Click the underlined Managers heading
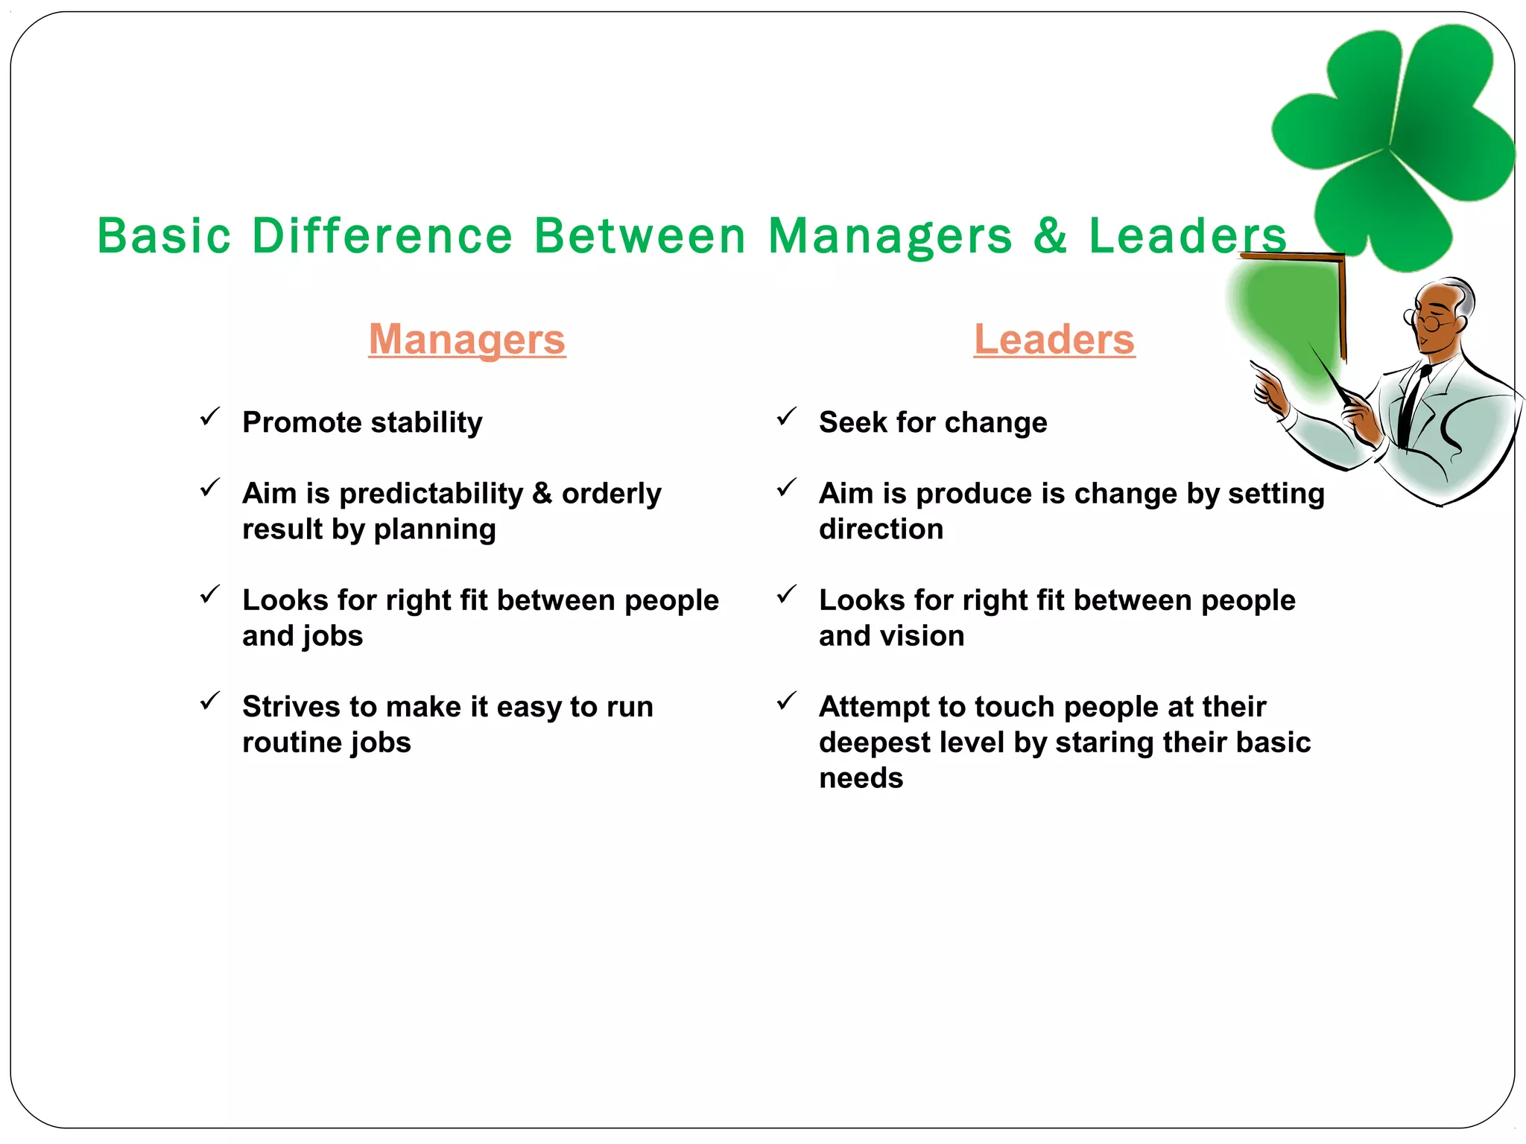tap(467, 340)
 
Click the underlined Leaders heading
tap(1054, 340)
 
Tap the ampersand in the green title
tap(1051, 235)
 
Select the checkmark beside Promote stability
tap(210, 416)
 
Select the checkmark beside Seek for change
tap(787, 416)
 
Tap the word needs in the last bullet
tap(861, 778)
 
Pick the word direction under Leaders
tap(881, 530)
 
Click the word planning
tap(434, 530)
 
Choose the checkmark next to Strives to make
tap(210, 701)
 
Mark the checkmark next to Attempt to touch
tap(787, 701)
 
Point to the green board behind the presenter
tap(1289, 313)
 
